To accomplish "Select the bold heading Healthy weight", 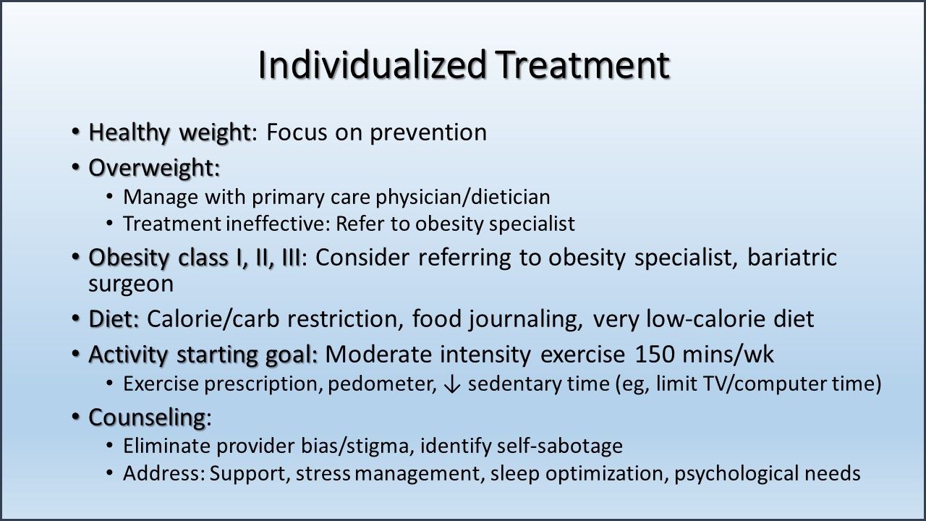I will click(169, 132).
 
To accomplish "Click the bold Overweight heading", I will click(154, 168).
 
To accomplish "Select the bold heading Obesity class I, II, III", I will click(195, 258).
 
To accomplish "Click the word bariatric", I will click(796, 258).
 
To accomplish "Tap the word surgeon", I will click(131, 284).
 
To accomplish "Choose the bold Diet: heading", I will click(114, 318).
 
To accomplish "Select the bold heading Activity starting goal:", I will click(203, 355).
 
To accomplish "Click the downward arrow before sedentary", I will click(452, 384).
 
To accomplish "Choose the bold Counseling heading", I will click(148, 418).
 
